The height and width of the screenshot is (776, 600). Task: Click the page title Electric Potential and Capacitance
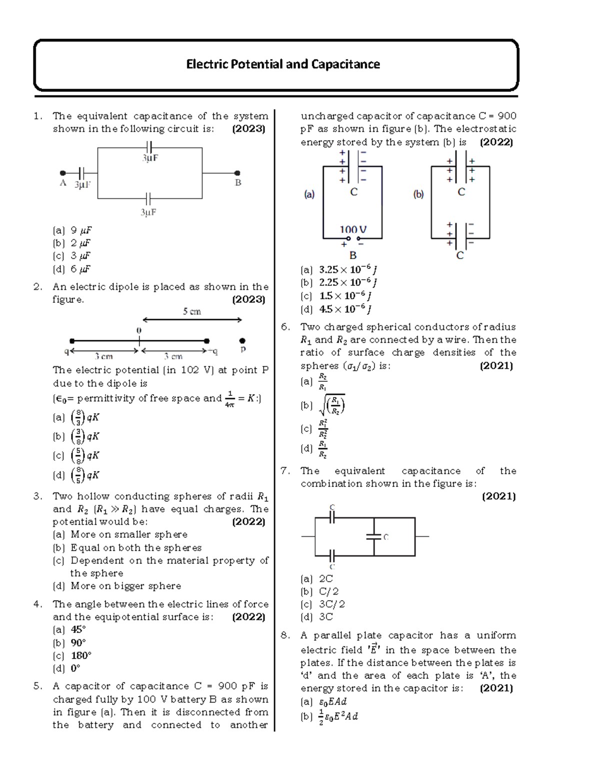coord(283,64)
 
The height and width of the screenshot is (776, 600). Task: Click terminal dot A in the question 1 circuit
coord(62,173)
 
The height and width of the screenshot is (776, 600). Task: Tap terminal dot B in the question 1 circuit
coord(237,173)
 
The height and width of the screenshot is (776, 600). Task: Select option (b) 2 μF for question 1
coord(72,243)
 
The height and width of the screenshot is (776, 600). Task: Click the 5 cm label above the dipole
coord(191,311)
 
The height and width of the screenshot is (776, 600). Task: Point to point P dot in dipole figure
coord(242,341)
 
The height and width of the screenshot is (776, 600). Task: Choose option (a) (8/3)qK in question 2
coord(77,417)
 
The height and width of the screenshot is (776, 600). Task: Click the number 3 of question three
coord(37,496)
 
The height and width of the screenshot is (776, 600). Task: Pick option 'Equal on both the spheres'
coord(135,548)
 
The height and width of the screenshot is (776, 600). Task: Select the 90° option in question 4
coord(78,643)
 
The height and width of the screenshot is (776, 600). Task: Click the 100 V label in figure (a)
coord(353,229)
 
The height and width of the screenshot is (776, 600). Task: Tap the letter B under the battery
coord(353,255)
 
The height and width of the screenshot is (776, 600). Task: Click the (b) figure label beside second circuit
coord(418,194)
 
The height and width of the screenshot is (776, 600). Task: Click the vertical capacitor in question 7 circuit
coord(374,537)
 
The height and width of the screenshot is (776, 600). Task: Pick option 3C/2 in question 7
coord(331,604)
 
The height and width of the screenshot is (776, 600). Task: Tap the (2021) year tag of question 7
coord(498,496)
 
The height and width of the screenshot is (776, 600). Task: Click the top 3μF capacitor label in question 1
coord(150,158)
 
